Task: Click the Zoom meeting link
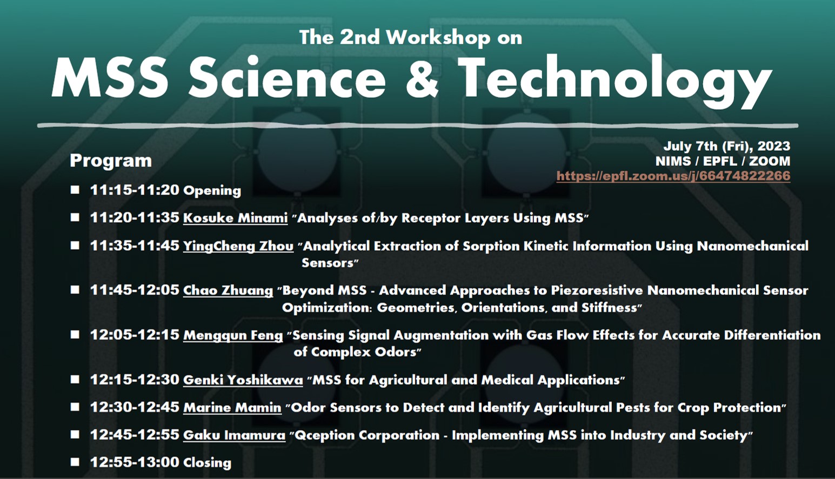point(673,176)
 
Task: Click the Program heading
point(111,161)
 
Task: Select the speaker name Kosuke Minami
point(235,218)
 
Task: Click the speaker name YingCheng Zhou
point(238,246)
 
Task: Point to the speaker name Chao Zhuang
point(228,290)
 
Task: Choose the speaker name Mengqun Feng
point(233,335)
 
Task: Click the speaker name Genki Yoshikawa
point(243,380)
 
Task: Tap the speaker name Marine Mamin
point(232,408)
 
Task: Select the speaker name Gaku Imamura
point(234,435)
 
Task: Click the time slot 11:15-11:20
point(135,190)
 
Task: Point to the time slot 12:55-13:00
point(135,462)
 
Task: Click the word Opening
point(212,191)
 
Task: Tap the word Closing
point(207,463)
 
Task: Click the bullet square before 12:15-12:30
point(75,379)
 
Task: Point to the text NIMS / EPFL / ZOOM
point(723,161)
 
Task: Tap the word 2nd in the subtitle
point(359,37)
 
